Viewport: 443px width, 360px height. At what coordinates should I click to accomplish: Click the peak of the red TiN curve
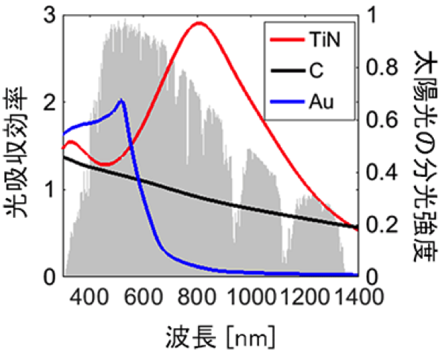pyautogui.click(x=199, y=23)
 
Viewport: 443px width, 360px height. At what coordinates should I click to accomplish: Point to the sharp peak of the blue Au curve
pyautogui.click(x=122, y=100)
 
